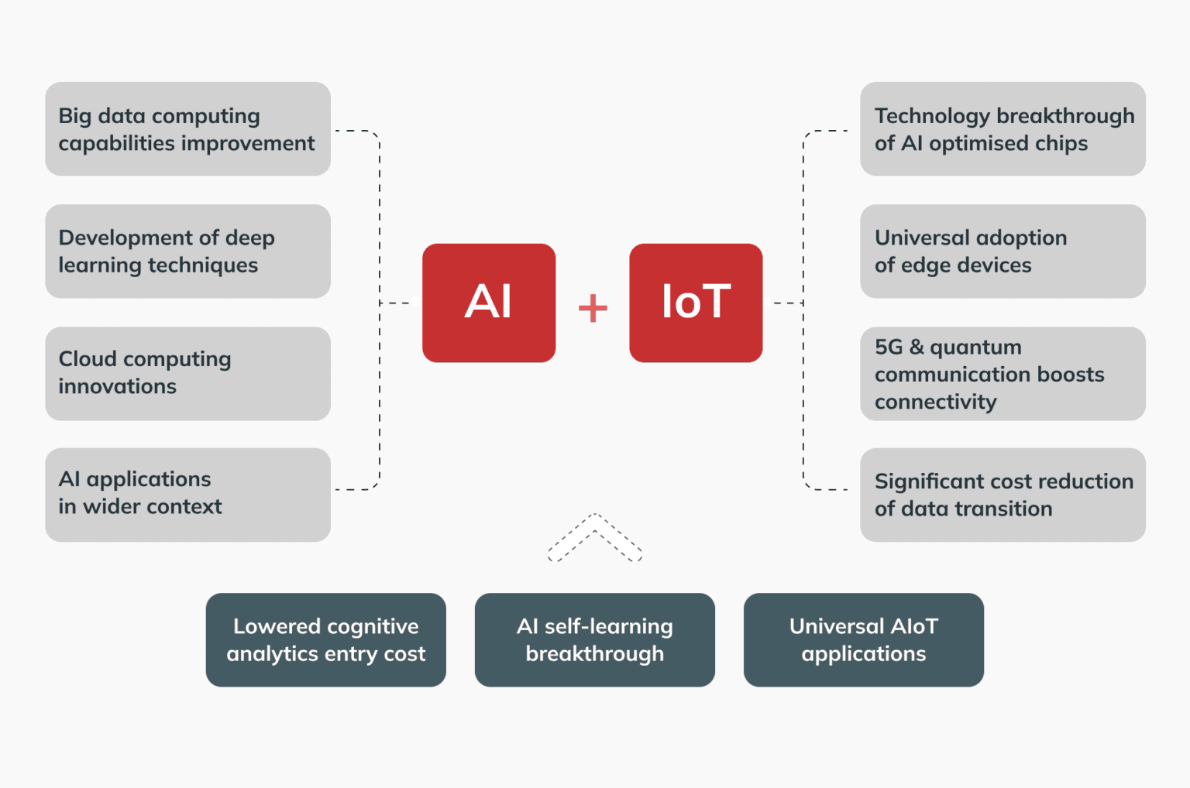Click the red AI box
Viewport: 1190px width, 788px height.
coord(489,303)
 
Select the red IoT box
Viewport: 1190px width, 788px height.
coord(696,303)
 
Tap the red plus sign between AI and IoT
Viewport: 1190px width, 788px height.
coord(593,307)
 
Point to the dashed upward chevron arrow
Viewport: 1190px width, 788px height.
coord(595,536)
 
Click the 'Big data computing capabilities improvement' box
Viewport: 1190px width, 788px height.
coord(187,129)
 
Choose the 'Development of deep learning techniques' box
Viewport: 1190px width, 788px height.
coord(187,252)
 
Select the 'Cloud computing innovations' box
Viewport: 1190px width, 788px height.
coord(187,374)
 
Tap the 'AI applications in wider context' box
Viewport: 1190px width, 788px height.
coord(187,495)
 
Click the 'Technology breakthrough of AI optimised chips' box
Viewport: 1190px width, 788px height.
coord(1003,129)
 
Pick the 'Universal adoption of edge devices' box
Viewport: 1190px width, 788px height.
coord(1003,252)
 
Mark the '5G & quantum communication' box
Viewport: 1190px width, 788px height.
coord(1003,374)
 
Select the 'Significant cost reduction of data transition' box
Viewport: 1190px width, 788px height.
coord(1003,495)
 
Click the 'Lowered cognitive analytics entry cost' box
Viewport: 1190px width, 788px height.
coord(326,640)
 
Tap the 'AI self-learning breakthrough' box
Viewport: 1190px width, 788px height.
coord(595,640)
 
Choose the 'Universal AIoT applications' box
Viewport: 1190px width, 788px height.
coord(864,640)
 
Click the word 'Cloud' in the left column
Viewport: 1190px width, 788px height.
coord(88,359)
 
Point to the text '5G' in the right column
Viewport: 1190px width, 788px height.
coord(889,347)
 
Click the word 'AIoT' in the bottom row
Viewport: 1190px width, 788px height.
coord(914,626)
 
